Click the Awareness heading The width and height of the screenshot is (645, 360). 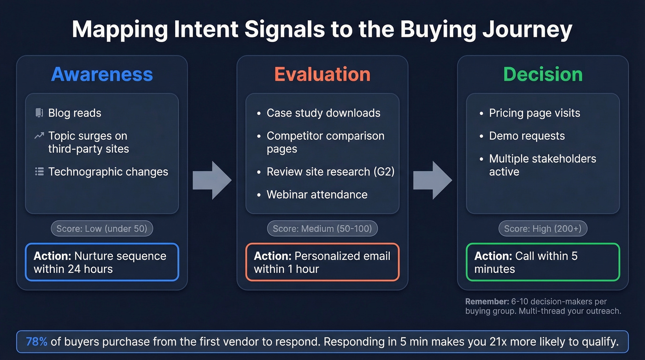[x=102, y=74]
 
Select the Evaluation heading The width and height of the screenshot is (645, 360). [x=322, y=74]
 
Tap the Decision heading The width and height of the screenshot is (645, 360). [x=543, y=74]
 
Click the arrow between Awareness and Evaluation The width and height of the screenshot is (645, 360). [x=212, y=180]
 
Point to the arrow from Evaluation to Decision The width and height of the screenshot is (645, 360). [x=432, y=180]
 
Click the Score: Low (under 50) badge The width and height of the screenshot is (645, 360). [x=102, y=229]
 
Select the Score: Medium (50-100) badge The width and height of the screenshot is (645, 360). [x=322, y=229]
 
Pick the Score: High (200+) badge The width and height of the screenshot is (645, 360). [x=543, y=229]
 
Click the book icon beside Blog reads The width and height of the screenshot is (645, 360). [x=39, y=113]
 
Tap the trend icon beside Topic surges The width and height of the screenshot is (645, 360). [x=39, y=136]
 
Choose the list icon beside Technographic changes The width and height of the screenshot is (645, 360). [x=39, y=172]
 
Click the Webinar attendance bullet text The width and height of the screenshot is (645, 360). [x=317, y=195]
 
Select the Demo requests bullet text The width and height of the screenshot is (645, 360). [x=527, y=136]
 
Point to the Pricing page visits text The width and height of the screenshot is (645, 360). [x=534, y=113]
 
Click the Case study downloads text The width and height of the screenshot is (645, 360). [x=323, y=113]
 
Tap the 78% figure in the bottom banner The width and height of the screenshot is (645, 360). [x=37, y=342]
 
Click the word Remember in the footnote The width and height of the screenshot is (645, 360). [x=487, y=301]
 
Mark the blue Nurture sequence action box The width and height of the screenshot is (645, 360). [x=102, y=262]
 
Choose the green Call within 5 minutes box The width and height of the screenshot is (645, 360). [x=543, y=262]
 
